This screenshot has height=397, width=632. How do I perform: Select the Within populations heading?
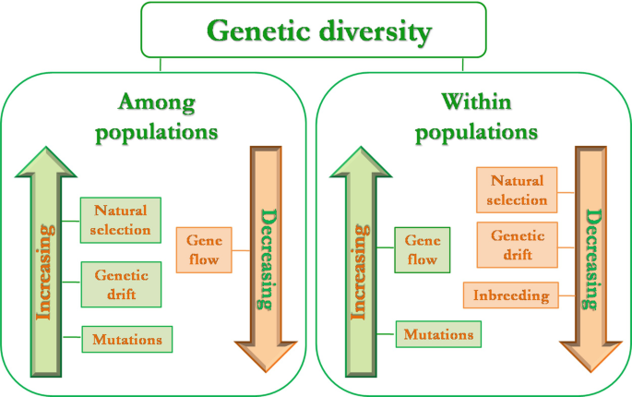pyautogui.click(x=475, y=115)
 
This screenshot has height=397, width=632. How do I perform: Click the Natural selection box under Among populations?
pyautogui.click(x=121, y=220)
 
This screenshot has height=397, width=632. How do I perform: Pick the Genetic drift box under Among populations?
pyautogui.click(x=121, y=283)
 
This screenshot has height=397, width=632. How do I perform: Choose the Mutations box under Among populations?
pyautogui.click(x=127, y=339)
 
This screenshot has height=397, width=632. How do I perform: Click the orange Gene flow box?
pyautogui.click(x=203, y=249)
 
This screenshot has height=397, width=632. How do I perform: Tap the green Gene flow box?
pyautogui.click(x=422, y=249)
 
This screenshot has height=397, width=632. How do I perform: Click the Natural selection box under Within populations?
pyautogui.click(x=518, y=190)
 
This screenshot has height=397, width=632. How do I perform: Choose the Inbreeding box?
pyautogui.click(x=511, y=296)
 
